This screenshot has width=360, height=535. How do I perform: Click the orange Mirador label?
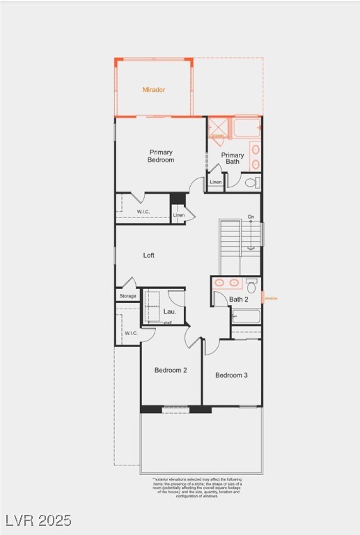154,90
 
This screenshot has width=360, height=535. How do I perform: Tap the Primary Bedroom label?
161,156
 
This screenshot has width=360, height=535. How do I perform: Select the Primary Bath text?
233,158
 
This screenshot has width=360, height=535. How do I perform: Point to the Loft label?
149,255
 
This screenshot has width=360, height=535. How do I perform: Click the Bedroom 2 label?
171,370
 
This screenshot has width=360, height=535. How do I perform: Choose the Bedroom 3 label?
231,375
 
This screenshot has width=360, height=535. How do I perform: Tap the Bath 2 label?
239,300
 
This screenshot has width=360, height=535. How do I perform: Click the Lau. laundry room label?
169,311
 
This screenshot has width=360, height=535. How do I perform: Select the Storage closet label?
128,296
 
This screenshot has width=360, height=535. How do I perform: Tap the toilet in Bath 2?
251,286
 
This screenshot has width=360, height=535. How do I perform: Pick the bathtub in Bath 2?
246,317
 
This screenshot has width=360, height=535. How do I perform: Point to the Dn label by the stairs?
251,217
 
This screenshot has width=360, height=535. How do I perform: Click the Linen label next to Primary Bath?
216,183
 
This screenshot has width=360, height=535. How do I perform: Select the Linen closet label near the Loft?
179,215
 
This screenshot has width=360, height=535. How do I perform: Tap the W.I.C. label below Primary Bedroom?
143,212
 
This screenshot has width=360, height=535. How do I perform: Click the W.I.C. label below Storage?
131,333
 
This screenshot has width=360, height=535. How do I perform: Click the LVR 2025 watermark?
38,520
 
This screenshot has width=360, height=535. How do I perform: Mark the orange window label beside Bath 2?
270,299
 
